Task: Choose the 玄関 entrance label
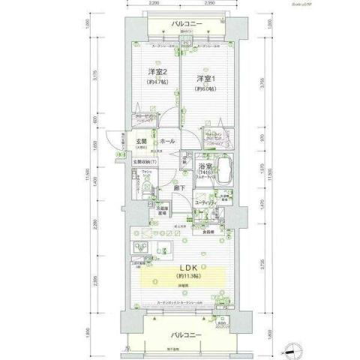point(140,140)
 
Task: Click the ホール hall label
point(169,141)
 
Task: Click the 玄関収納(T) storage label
point(144,163)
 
